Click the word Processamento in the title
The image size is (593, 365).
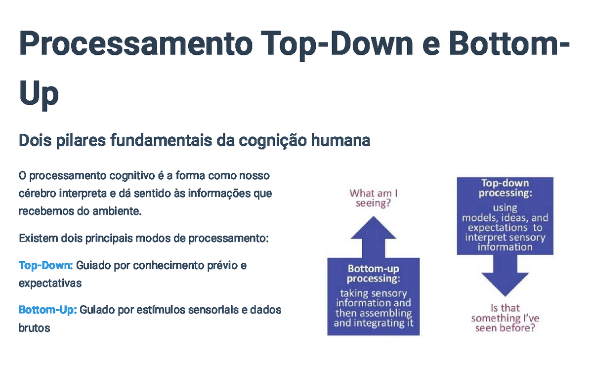(x=136, y=43)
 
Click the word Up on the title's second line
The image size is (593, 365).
(x=39, y=93)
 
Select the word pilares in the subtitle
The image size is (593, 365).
(x=81, y=141)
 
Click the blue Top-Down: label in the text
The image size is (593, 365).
(x=46, y=265)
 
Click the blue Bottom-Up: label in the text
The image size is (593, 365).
(x=47, y=310)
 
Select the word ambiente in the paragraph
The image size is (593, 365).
(x=117, y=211)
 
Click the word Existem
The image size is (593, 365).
(x=38, y=238)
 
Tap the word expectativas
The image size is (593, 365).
(x=50, y=283)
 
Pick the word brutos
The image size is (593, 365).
(x=35, y=328)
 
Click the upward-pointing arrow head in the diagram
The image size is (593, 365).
(x=373, y=228)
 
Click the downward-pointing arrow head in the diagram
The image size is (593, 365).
(x=505, y=284)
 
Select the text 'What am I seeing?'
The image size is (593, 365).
(x=373, y=198)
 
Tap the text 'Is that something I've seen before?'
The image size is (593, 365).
(x=505, y=318)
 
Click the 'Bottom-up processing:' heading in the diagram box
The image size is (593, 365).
(x=373, y=274)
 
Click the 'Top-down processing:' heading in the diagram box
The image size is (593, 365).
(x=505, y=188)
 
